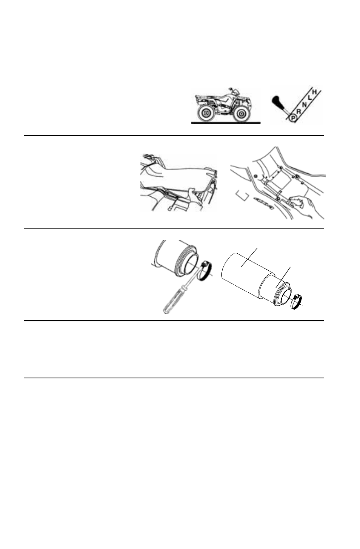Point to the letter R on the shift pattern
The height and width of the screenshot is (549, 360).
[298, 112]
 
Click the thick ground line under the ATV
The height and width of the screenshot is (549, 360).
[225, 123]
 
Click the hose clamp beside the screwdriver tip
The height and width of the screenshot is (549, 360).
[206, 270]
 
